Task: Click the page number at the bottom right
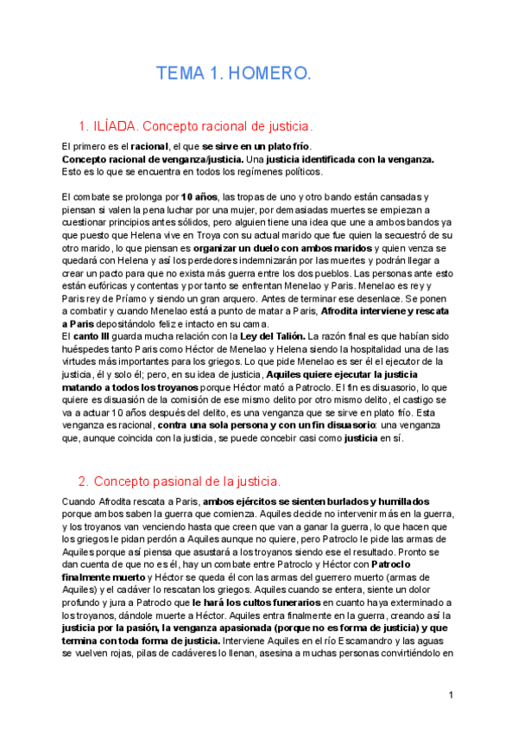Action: pyautogui.click(x=451, y=695)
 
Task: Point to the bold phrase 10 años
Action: pyautogui.click(x=199, y=197)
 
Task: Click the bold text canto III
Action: pyautogui.click(x=89, y=336)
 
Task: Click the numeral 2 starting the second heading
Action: pyautogui.click(x=83, y=481)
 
